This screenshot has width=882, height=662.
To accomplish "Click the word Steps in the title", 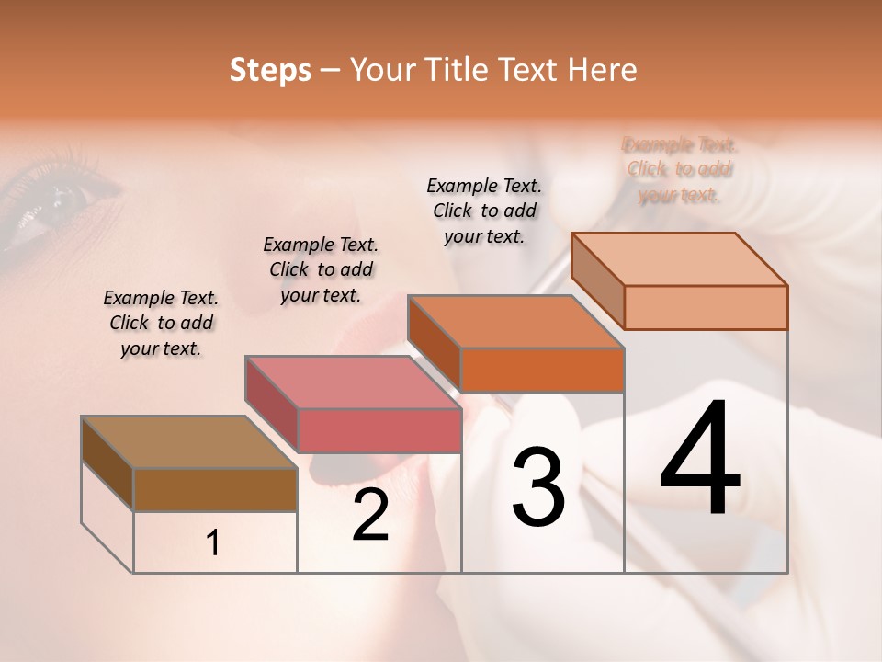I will [x=269, y=70].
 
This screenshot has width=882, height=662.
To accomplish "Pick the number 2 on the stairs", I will [x=370, y=515].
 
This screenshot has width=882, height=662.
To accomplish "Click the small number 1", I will [x=213, y=543].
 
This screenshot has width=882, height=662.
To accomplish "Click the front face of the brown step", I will [x=215, y=490].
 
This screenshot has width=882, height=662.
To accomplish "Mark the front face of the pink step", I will [x=379, y=430].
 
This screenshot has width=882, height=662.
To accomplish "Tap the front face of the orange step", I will [x=542, y=370].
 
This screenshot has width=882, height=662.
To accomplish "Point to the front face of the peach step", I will [x=706, y=307].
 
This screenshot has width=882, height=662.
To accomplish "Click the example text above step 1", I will [x=161, y=323].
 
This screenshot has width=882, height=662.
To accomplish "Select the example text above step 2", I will [x=321, y=269].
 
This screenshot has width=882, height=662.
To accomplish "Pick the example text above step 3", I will [x=484, y=211].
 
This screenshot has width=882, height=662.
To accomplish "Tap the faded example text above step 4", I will [x=680, y=169].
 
